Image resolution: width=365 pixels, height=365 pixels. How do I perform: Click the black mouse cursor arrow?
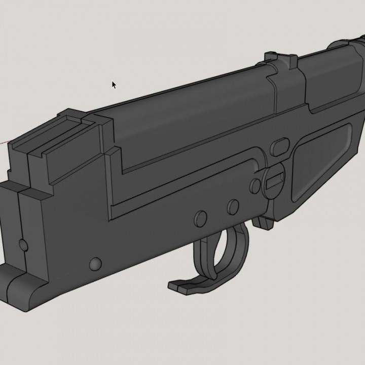point(114,85)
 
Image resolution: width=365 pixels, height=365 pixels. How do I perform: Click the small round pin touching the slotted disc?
point(255,185)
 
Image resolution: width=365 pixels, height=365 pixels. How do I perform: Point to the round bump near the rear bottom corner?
point(94,264)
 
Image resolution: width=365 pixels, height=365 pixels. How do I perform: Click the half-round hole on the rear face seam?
point(23,245)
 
